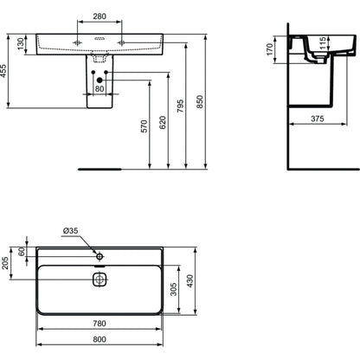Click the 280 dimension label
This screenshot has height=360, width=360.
pyautogui.click(x=100, y=16)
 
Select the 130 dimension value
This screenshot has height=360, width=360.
pyautogui.click(x=21, y=43)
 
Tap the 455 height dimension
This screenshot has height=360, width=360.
pyautogui.click(x=3, y=71)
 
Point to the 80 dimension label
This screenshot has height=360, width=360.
pyautogui.click(x=100, y=88)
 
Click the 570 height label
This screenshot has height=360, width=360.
pyautogui.click(x=144, y=126)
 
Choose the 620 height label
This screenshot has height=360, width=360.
pyautogui.click(x=163, y=122)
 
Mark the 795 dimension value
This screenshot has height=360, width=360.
pyautogui.click(x=180, y=106)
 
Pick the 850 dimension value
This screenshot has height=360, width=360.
pyautogui.click(x=199, y=102)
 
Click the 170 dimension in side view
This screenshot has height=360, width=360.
pyautogui.click(x=269, y=49)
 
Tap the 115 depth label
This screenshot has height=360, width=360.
pyautogui.click(x=323, y=42)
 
